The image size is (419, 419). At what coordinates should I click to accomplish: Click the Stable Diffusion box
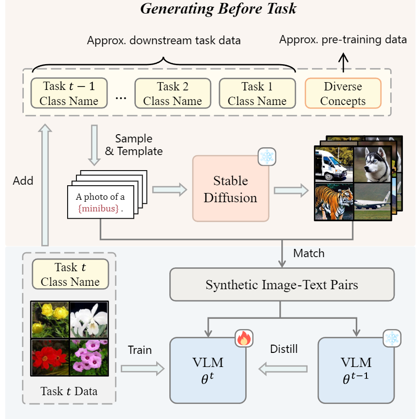click(x=231, y=189)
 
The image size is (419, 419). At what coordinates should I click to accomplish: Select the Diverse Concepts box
click(x=343, y=94)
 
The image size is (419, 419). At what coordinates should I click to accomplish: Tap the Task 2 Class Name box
click(x=173, y=94)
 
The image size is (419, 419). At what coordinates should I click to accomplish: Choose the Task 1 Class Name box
click(x=257, y=94)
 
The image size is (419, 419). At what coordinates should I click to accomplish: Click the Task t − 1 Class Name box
click(x=69, y=94)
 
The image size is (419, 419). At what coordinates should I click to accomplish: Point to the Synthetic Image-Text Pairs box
click(x=282, y=285)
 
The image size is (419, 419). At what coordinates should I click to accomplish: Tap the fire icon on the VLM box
click(x=244, y=338)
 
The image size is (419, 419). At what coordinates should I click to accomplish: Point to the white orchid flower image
click(x=89, y=320)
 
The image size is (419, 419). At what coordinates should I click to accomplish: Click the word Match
click(x=309, y=253)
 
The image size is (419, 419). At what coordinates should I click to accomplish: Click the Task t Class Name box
click(x=70, y=275)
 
